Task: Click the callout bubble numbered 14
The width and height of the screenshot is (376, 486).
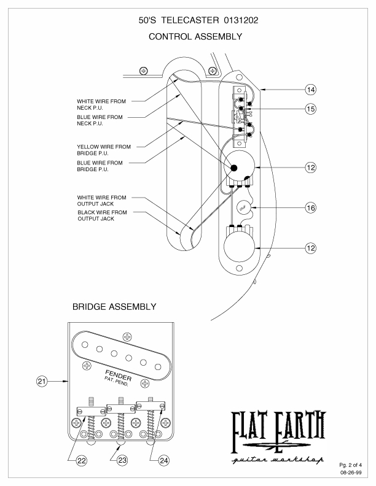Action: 311,90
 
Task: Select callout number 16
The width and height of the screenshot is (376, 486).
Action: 311,208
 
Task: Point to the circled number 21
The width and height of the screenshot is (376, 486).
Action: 42,381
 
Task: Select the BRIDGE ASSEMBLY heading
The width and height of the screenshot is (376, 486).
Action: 114,306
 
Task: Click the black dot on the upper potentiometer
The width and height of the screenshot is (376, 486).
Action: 233,167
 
